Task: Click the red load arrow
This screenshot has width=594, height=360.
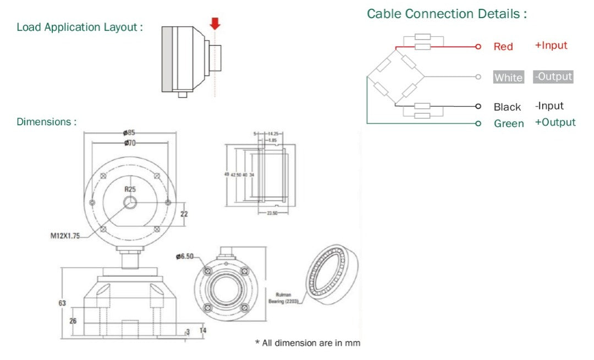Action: coord(215,23)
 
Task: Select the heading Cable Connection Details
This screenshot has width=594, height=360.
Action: coord(447,14)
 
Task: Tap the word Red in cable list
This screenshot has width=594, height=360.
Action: coord(503,47)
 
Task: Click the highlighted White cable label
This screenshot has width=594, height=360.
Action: coord(508,77)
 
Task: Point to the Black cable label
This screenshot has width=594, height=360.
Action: coord(507,107)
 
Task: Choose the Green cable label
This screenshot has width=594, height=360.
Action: coord(509,124)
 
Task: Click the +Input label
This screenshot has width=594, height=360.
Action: coord(551,46)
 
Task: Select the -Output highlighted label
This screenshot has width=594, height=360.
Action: coord(553,76)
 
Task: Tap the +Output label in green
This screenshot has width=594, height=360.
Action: coord(555,122)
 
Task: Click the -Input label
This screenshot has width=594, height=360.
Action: coord(549,106)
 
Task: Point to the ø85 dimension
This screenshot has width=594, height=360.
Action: coord(129,132)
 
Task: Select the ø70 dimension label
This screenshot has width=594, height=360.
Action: coord(129,143)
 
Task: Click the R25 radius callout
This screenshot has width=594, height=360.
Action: coord(130,189)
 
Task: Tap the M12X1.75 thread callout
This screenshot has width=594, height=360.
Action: coord(65,236)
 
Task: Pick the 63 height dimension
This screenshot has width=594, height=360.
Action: coord(62,303)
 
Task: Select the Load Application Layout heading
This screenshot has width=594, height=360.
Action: coord(80,27)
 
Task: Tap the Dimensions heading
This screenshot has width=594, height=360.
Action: coord(47,121)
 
